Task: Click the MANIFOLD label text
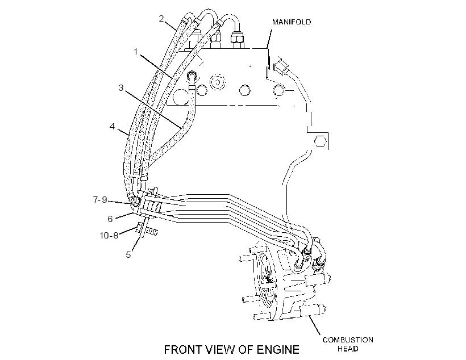[x=292, y=22]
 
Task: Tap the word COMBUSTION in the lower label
[x=348, y=340]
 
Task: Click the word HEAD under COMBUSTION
[x=348, y=349]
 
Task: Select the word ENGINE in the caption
[x=278, y=350]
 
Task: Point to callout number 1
[x=136, y=52]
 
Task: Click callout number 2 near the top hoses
[x=161, y=19]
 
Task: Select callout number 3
[x=121, y=88]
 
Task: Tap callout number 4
[x=112, y=127]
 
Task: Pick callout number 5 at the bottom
[x=128, y=254]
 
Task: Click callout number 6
[x=110, y=219]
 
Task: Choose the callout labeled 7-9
[x=100, y=200]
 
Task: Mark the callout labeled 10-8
[x=109, y=236]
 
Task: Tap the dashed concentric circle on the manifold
[x=218, y=82]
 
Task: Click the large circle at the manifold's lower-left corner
[x=180, y=97]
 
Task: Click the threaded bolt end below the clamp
[x=151, y=232]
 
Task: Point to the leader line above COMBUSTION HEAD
[x=314, y=325]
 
